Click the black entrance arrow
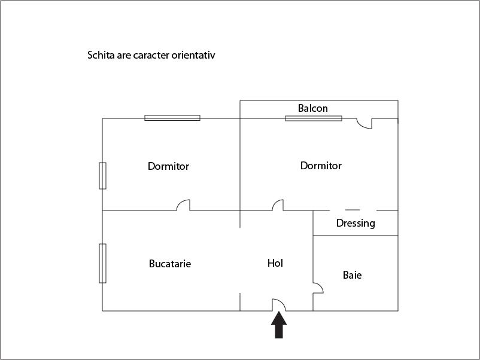coord(279,325)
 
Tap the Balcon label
coord(313,108)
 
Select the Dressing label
coord(356,223)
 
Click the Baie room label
coord(352,275)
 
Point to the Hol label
coord(275,263)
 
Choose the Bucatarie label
coord(170,264)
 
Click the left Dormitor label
coord(168,166)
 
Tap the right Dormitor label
coord(321,166)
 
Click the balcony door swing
coord(364,123)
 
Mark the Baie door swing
coord(318,288)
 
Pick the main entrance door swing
coord(278,305)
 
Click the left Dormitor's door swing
coord(183,205)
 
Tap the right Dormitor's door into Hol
coord(278,205)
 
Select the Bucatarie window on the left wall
coord(102,263)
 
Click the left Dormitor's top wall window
coord(172,118)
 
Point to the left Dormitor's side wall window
coord(102,176)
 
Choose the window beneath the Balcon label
coord(314,118)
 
